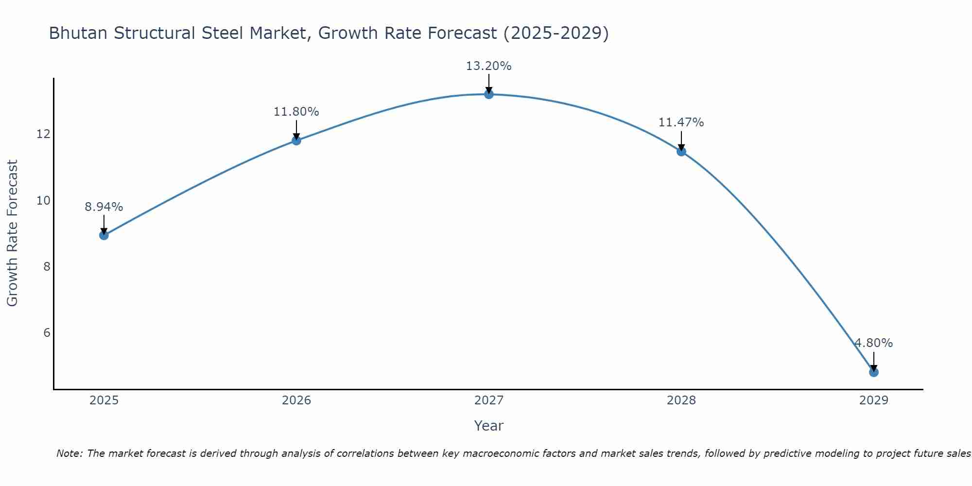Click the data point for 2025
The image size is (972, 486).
point(104,235)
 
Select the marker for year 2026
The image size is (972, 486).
point(296,141)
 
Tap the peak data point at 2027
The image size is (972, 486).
point(489,94)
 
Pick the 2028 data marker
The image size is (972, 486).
point(681,152)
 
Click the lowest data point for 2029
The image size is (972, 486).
point(873,372)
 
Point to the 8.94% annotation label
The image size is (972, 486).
point(104,207)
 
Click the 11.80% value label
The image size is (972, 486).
point(296,112)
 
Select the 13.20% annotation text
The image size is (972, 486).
point(489,66)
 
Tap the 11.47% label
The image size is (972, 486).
point(681,122)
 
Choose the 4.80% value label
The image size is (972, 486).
point(873,343)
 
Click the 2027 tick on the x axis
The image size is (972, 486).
point(489,400)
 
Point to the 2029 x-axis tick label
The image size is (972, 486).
point(873,400)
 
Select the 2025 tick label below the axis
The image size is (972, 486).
point(104,400)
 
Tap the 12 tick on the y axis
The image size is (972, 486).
point(44,134)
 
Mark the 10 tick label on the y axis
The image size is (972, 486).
point(44,200)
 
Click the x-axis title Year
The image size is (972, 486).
point(489,426)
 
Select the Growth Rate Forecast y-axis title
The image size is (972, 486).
point(13,233)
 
